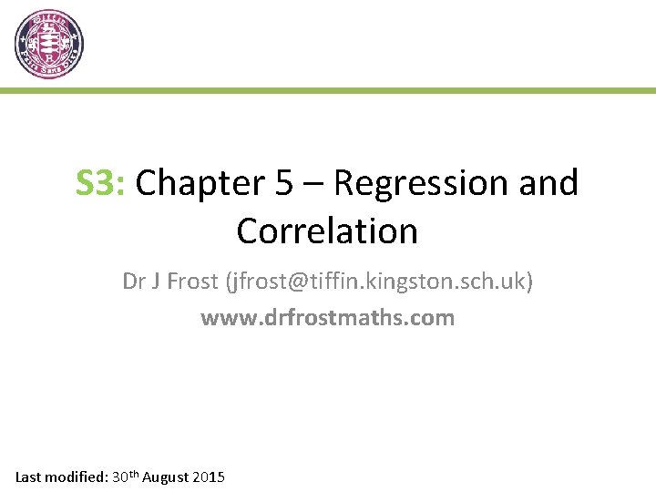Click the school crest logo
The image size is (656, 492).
click(49, 44)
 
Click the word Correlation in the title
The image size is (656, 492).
click(327, 231)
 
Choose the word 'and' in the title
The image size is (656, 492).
click(548, 183)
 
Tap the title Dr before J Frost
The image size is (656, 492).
click(134, 282)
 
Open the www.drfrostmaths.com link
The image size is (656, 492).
click(327, 318)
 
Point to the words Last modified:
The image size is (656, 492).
click(61, 477)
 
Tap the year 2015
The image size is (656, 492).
click(210, 477)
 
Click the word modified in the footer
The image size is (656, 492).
click(77, 477)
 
